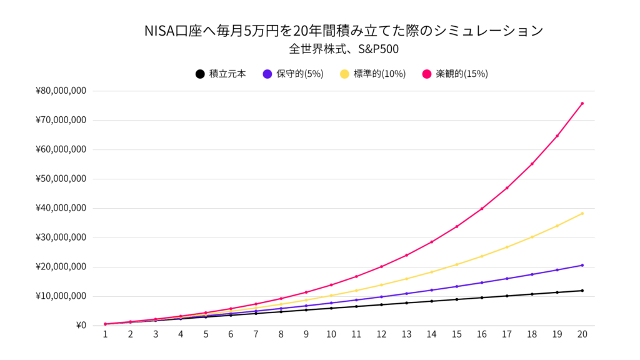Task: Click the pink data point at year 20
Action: tap(582, 104)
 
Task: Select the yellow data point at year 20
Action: tap(582, 214)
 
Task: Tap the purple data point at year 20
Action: tap(582, 265)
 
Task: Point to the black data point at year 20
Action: tap(582, 291)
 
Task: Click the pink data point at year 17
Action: tap(507, 188)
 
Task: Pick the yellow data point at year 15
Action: tap(457, 264)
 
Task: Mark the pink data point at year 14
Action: tap(431, 242)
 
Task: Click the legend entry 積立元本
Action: tap(220, 74)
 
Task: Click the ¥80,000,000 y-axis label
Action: tap(61, 91)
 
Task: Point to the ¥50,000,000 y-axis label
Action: tap(61, 179)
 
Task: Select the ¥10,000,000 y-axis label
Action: tap(61, 296)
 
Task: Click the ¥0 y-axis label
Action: tap(81, 326)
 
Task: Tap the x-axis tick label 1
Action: tap(106, 334)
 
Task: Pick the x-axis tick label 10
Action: tap(331, 334)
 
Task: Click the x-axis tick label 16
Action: tap(482, 334)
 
